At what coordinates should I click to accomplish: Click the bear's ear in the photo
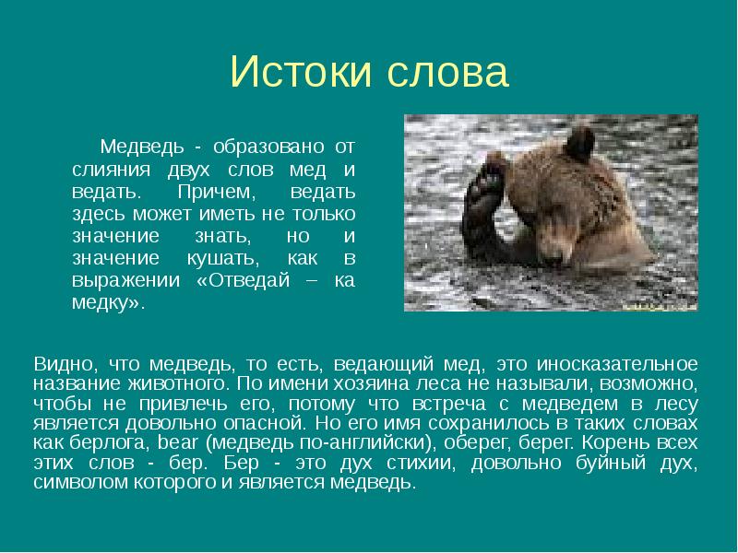tap(579, 146)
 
